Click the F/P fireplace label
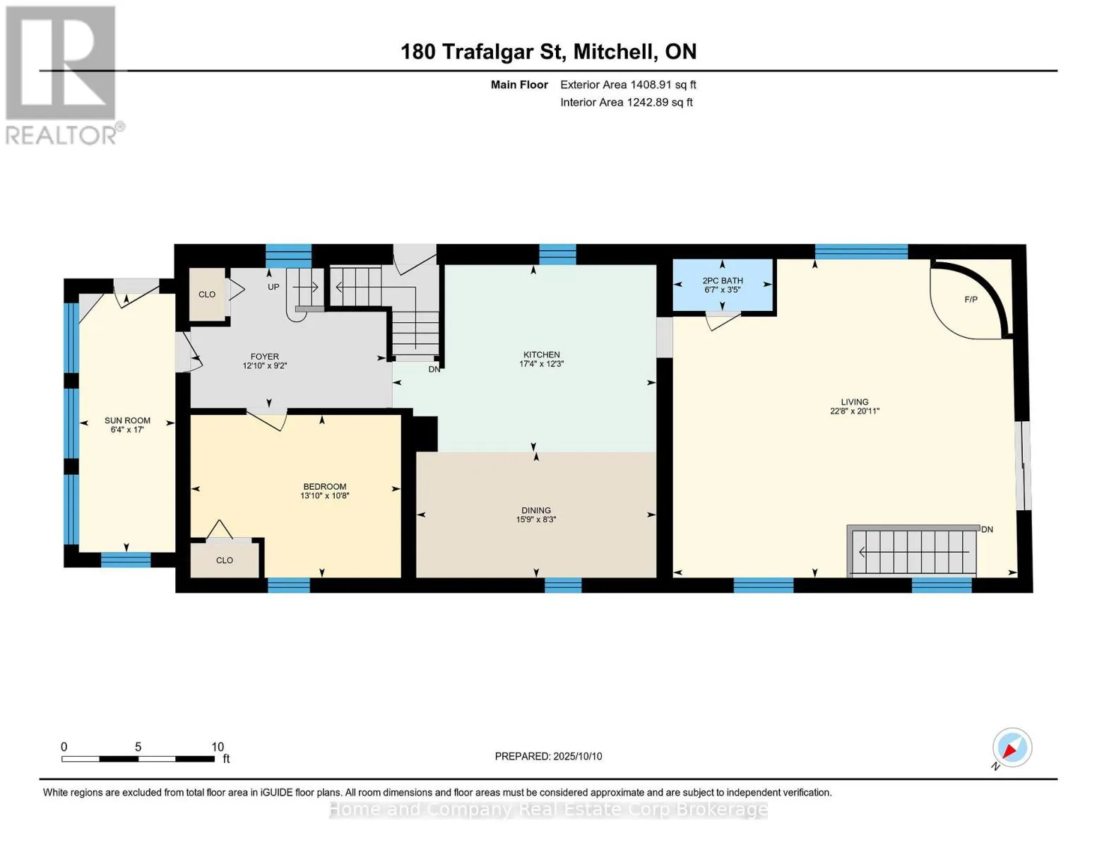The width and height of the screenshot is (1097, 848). [971, 300]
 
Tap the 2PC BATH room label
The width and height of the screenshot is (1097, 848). [723, 281]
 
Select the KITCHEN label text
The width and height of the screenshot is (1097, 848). [541, 355]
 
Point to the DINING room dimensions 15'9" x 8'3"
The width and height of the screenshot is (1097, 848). [536, 519]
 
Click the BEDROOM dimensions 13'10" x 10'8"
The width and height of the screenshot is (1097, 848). [325, 495]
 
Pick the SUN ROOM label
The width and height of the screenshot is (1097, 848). [127, 420]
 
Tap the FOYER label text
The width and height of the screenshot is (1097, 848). [264, 357]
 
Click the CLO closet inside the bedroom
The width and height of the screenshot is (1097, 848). [224, 560]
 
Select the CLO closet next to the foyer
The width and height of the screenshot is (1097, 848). [207, 295]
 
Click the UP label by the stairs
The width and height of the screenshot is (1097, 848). [273, 287]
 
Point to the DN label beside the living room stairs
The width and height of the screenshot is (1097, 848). [987, 529]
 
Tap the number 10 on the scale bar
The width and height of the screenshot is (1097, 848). [217, 747]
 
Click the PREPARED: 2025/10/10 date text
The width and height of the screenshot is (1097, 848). [548, 756]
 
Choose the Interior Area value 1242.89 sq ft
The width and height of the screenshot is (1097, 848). [660, 102]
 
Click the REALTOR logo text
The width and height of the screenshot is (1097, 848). [61, 135]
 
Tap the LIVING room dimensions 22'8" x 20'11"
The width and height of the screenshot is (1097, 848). [855, 411]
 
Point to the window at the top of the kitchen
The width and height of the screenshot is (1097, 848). [557, 254]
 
